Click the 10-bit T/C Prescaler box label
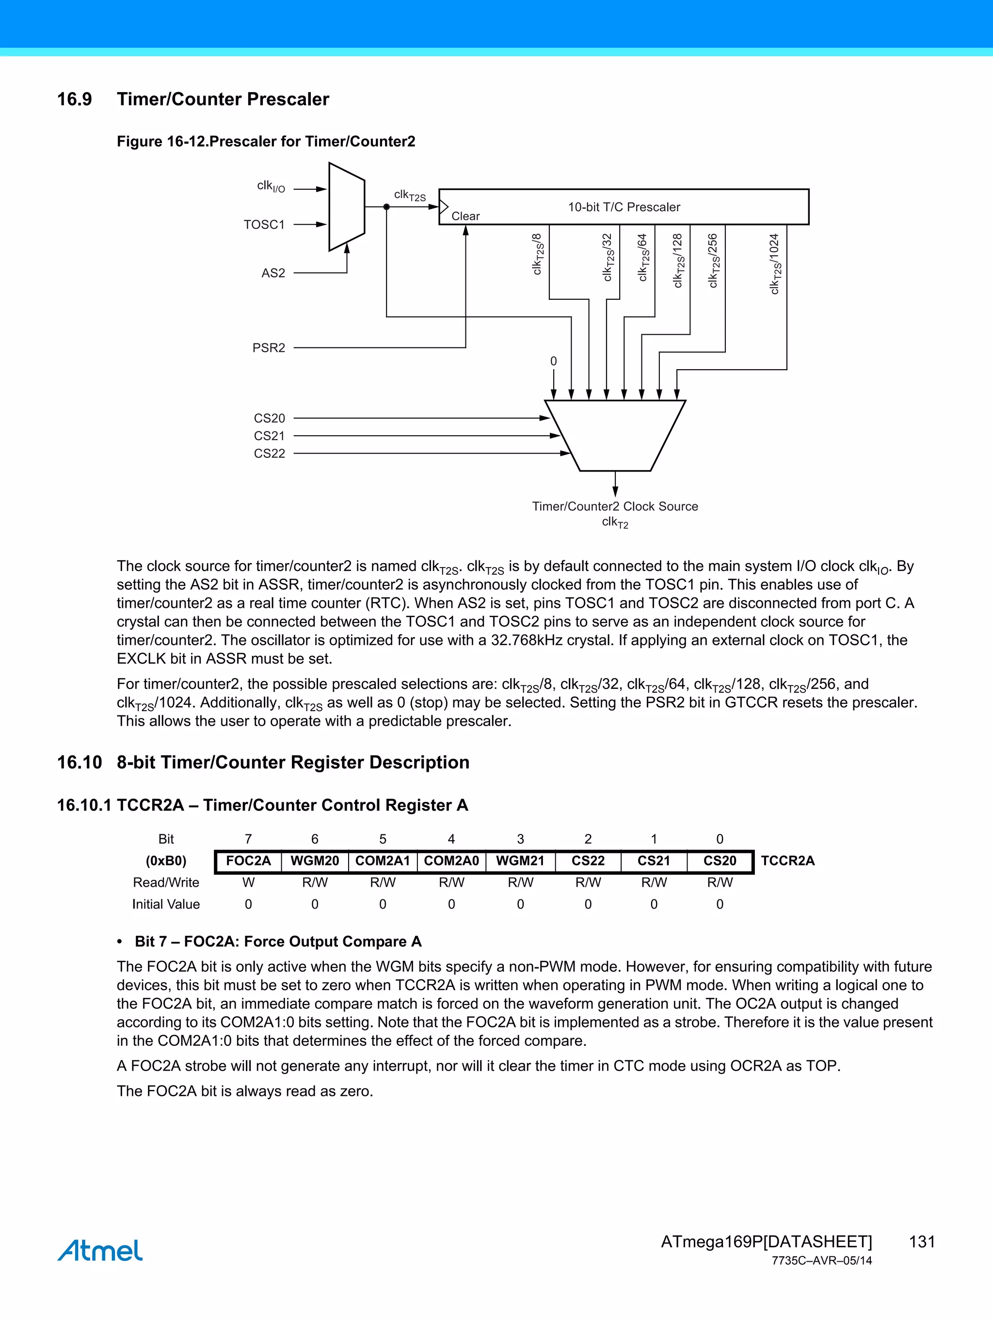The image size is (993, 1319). (624, 207)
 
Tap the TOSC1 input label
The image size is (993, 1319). (264, 225)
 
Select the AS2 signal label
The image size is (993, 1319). (273, 273)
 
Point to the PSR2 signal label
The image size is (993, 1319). (268, 348)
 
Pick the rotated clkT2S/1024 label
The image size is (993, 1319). (774, 263)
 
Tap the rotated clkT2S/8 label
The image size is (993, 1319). (537, 254)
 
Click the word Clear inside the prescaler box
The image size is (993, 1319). (465, 216)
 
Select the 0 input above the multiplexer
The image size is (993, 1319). (553, 361)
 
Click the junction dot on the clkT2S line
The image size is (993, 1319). (386, 207)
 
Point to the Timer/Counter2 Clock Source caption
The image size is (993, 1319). (614, 506)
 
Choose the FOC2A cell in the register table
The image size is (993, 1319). (248, 861)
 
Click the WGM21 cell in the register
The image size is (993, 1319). (520, 861)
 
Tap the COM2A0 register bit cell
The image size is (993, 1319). (451, 861)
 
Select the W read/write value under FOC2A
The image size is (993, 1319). (248, 882)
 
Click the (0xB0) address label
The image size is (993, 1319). (166, 861)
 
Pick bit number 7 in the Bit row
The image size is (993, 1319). (248, 839)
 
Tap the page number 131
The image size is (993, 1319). (921, 1241)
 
